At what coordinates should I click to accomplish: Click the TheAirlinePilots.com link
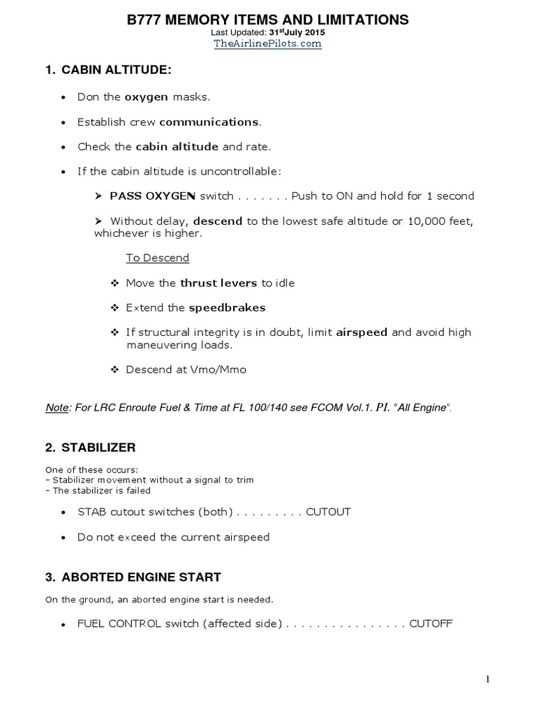[267, 43]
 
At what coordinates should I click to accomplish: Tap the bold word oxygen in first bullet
[146, 97]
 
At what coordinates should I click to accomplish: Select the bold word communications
[209, 122]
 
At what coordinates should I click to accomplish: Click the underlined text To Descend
[157, 258]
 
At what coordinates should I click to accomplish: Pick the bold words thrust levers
[219, 283]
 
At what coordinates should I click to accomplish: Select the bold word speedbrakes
[227, 308]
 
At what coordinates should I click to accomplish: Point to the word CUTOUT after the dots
[328, 512]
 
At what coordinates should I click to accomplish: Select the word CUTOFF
[431, 624]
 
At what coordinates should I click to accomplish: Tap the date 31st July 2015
[297, 32]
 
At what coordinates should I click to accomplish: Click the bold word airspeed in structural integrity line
[362, 333]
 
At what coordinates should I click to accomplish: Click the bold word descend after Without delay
[218, 221]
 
